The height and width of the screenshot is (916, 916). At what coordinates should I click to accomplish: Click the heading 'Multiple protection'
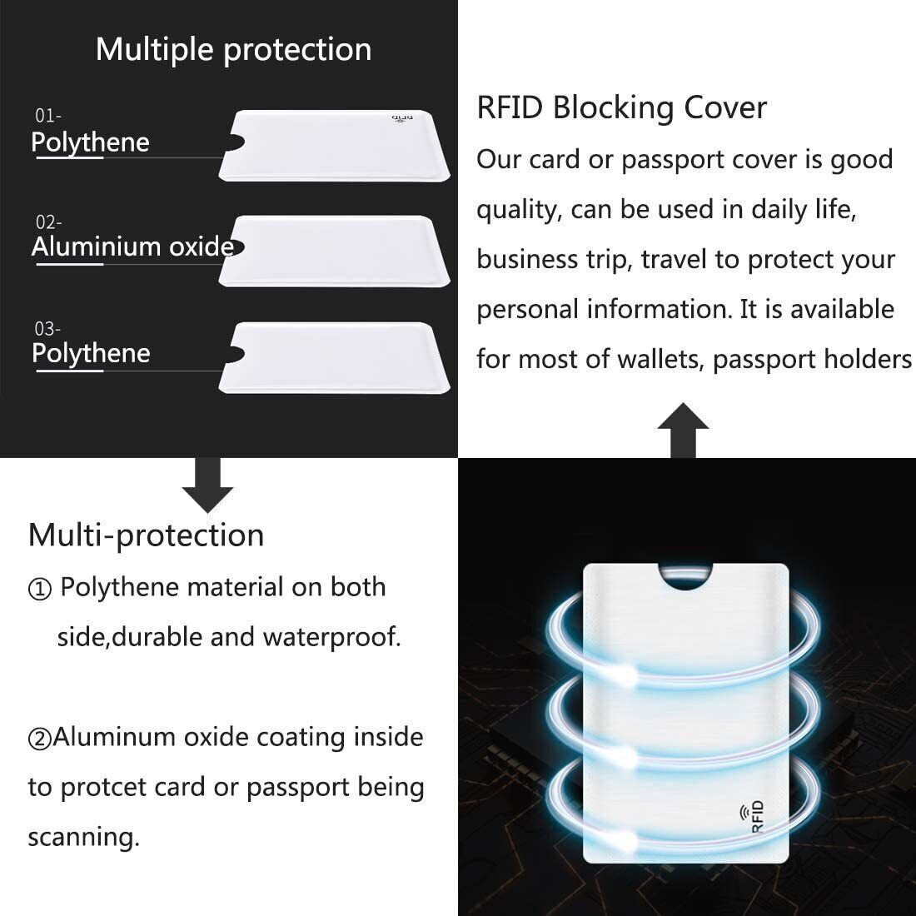click(233, 50)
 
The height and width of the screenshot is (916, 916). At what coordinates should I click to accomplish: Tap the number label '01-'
click(47, 116)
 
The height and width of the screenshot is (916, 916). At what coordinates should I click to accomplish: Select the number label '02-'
click(48, 222)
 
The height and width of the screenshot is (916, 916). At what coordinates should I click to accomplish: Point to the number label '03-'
click(47, 329)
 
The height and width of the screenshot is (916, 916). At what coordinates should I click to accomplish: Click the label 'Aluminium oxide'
click(132, 246)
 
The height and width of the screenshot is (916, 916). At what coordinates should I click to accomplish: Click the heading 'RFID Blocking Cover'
click(621, 108)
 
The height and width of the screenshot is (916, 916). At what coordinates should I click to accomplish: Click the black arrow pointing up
click(683, 430)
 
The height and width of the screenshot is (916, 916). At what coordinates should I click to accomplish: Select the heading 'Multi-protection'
click(146, 535)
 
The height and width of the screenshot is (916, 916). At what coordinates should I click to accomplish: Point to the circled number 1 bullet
click(40, 590)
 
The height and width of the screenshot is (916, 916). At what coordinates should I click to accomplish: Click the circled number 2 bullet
click(40, 739)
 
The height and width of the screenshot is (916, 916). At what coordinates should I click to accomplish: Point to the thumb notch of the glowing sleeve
click(685, 575)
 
